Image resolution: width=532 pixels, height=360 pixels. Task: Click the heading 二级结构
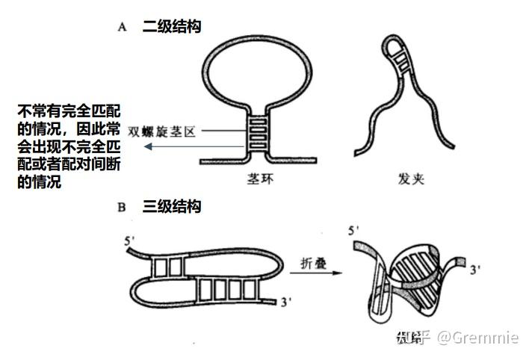(171, 27)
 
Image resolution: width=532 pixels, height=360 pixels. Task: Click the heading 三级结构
(171, 206)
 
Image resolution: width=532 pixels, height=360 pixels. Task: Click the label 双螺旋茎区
(161, 131)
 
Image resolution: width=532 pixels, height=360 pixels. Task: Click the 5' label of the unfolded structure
(132, 241)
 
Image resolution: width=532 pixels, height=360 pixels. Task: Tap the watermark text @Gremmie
(477, 338)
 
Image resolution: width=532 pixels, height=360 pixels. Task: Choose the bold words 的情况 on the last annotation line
(39, 181)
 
